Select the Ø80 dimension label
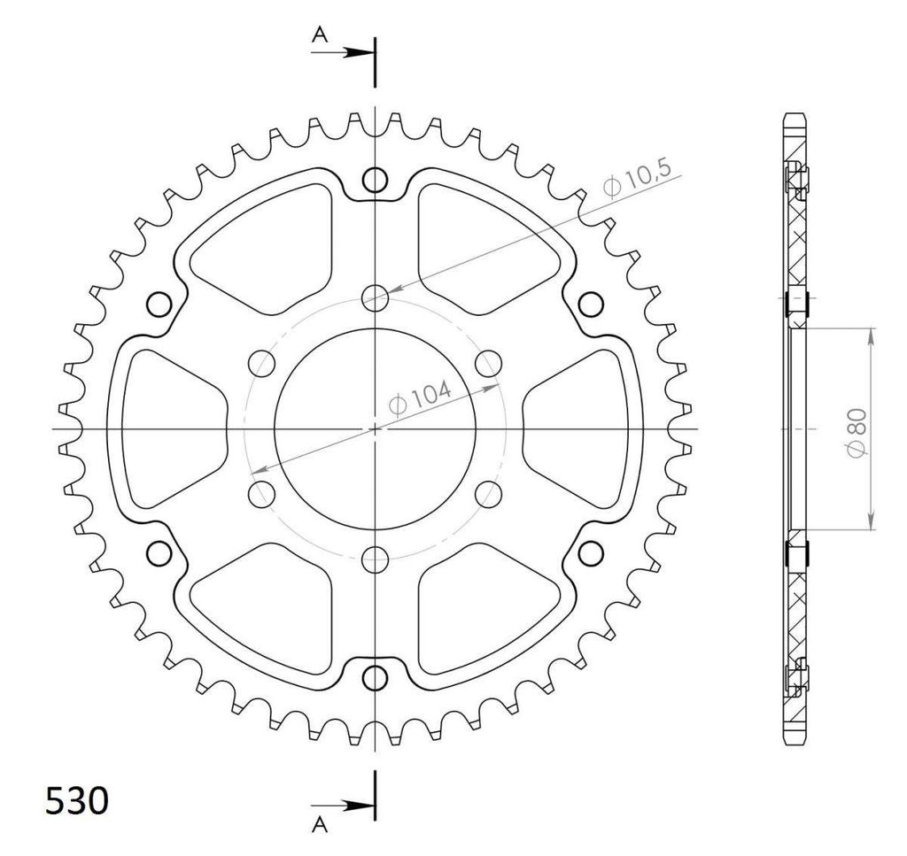857,431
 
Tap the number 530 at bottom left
77,800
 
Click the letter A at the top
319,35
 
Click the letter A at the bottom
319,825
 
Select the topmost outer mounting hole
375,181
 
